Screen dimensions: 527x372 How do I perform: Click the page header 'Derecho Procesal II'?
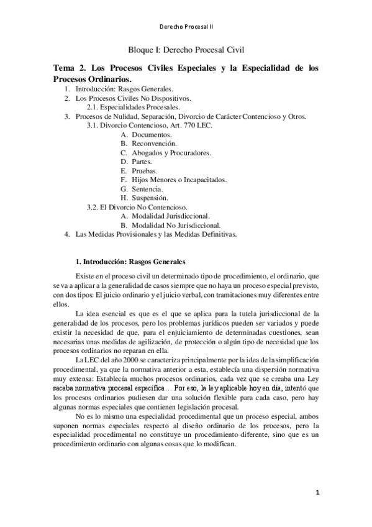[186, 27]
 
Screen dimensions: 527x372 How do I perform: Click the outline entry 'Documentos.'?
[152, 134]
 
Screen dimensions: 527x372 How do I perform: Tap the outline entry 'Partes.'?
[143, 162]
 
